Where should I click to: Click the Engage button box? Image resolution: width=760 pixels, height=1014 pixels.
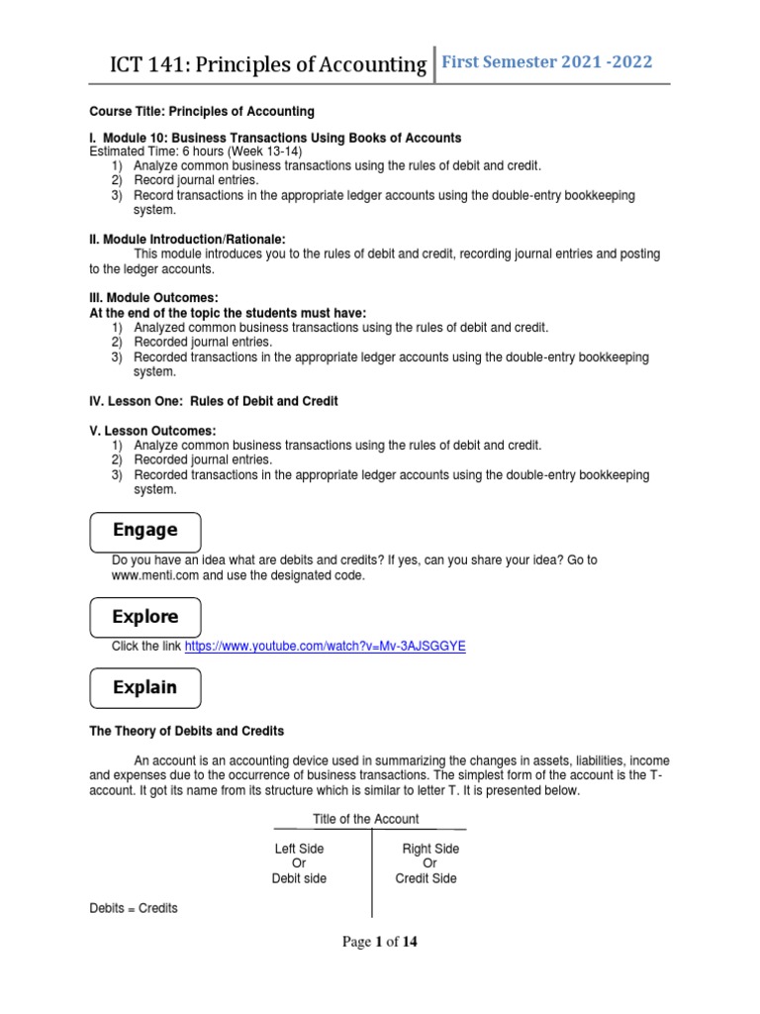145,531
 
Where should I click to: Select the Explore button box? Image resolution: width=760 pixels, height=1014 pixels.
145,617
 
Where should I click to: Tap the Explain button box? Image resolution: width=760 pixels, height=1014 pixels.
145,687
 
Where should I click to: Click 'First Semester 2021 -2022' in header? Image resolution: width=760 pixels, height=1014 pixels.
547,62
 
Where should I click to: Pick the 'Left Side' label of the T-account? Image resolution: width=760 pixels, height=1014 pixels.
299,849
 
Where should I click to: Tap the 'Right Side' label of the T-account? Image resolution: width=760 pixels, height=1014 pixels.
430,849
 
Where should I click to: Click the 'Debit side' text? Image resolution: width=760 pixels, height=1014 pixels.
299,878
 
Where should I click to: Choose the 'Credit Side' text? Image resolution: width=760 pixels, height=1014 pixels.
426,878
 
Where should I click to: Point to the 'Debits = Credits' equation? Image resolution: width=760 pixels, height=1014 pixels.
134,908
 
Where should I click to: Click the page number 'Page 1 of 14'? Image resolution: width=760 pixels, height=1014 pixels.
380,942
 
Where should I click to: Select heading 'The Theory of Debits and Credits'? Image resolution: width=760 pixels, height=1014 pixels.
186,731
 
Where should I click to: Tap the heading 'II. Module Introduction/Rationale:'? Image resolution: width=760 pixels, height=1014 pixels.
186,239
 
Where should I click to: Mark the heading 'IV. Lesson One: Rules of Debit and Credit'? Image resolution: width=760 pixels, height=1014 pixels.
214,401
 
